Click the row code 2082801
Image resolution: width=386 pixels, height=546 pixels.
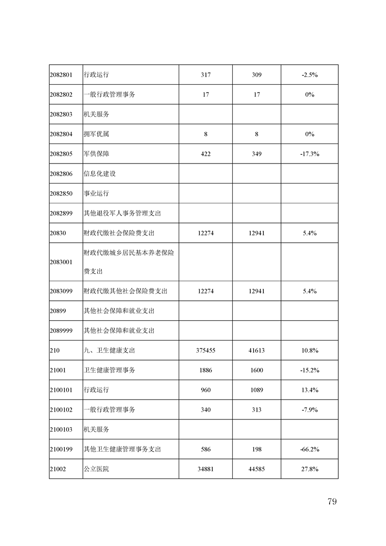(61, 75)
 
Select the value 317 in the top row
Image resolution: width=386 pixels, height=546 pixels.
(205, 75)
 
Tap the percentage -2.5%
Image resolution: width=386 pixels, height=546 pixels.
(310, 75)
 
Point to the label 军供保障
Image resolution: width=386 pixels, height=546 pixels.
(96, 154)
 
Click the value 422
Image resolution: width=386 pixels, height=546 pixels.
(205, 154)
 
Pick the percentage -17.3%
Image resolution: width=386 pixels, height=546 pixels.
(310, 154)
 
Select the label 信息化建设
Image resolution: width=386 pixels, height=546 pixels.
(100, 174)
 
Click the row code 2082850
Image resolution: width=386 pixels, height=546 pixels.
(61, 193)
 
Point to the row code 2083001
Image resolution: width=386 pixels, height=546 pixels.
(61, 262)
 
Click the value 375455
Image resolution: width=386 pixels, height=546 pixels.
(205, 350)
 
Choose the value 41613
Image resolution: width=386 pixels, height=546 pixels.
(257, 350)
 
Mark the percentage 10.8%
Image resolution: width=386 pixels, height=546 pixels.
(310, 350)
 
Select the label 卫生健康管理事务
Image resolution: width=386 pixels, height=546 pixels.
(110, 370)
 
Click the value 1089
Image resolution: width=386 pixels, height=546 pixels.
(257, 390)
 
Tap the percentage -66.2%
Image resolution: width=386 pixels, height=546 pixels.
(310, 449)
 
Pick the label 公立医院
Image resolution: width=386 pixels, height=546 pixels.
(96, 469)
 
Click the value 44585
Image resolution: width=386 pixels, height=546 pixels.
(257, 469)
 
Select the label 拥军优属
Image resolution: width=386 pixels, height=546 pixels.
(96, 134)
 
